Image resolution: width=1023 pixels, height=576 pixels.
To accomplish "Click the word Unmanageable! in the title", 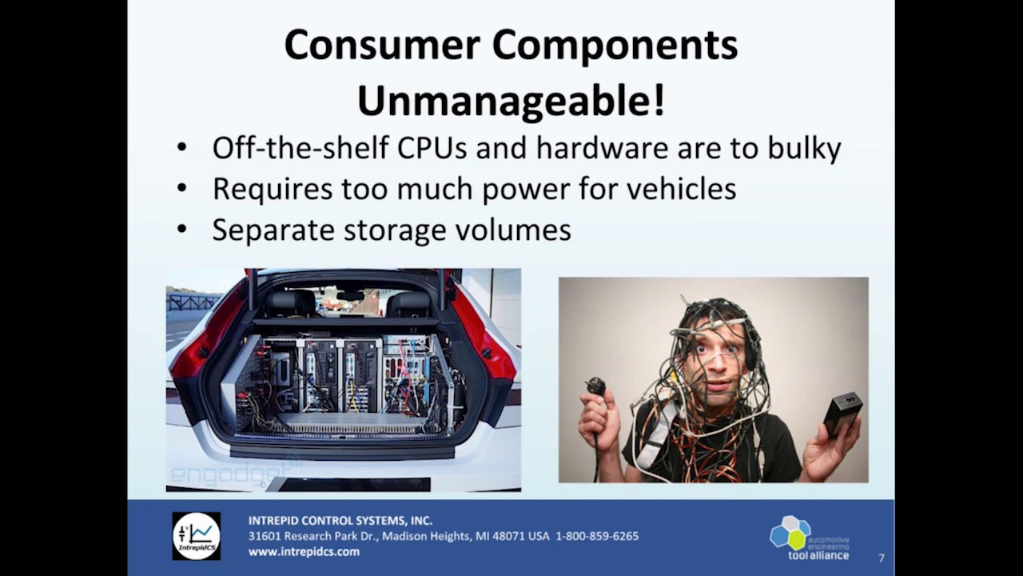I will [x=510, y=102].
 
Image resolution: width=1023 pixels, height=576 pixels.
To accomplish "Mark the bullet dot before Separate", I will [x=182, y=230].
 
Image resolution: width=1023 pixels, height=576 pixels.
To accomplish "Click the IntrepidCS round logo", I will [x=197, y=535].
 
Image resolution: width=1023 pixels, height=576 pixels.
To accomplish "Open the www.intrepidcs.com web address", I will [x=304, y=552].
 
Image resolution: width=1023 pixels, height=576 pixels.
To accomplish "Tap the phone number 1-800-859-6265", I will [x=597, y=536].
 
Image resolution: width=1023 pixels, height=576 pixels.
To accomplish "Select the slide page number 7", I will [x=881, y=558].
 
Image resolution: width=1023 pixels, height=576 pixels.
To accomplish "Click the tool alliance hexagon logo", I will [x=790, y=533].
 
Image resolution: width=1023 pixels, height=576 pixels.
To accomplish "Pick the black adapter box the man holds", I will [x=842, y=412].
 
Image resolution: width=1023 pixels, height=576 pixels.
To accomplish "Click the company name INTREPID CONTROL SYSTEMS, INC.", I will [x=340, y=521].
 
